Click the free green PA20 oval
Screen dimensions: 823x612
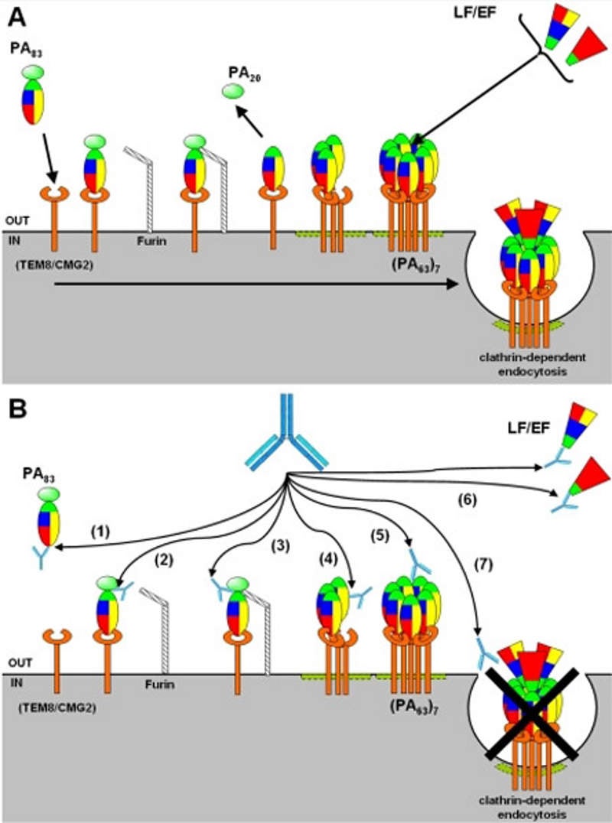(230, 92)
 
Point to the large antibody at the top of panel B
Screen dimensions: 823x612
(286, 431)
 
